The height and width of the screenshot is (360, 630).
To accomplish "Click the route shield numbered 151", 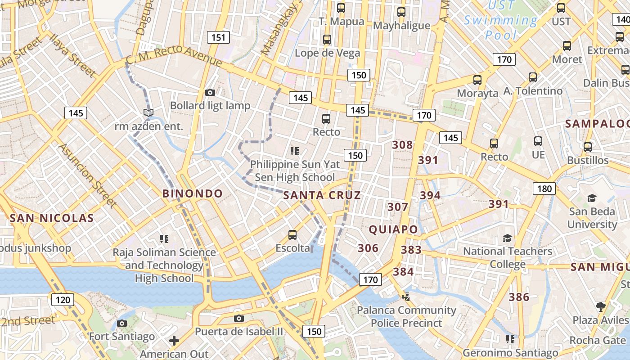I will coord(218,37).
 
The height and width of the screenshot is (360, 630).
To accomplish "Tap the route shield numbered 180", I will coord(544,189).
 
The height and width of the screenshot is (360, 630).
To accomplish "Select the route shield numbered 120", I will coord(63,300).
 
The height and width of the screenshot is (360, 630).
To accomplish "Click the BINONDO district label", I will coord(193,194).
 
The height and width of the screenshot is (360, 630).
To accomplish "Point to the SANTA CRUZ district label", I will coord(322,195).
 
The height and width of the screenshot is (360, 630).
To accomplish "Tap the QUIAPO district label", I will coord(394,229).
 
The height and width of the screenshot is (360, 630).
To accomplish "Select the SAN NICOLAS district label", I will coord(51,218).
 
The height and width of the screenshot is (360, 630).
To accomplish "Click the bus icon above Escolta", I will coord(292,234).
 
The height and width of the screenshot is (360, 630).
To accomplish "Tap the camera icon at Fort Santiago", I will coord(121,323).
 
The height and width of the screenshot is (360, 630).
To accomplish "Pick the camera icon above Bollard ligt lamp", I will coord(210,93).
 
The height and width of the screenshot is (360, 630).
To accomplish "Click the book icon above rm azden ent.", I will coord(148,112).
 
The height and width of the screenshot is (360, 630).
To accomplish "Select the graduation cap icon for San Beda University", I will coord(592,198).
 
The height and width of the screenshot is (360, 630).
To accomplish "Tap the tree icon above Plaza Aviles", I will coord(600,307).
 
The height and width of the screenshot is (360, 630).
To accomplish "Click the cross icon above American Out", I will coord(174,341).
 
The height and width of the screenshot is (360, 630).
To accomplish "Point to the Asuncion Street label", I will coord(87,175).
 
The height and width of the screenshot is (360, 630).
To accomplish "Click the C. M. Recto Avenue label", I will coord(174,56).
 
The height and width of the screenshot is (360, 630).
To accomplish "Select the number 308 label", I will coord(402,145).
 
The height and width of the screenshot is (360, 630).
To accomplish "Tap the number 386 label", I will coord(519,297).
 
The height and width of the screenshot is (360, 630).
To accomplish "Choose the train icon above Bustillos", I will coord(587,147).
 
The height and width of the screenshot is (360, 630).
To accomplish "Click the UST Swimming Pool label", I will coord(501,20).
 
